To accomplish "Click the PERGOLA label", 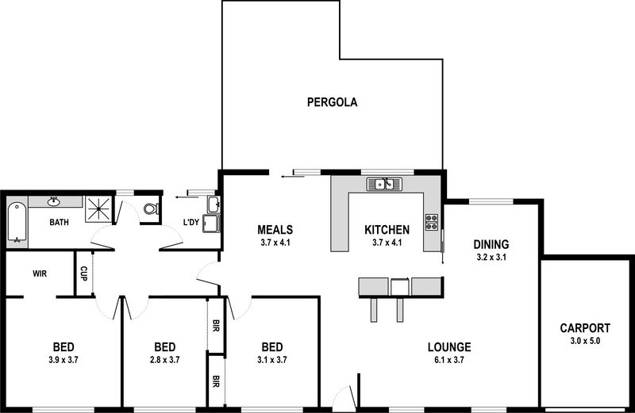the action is coord(332,102).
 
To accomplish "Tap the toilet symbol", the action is coord(151,208).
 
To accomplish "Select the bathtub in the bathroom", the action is coord(17,222).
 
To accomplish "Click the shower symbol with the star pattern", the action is coord(98,209).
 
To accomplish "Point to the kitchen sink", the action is coord(384,185).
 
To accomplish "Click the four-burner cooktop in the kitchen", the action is coord(432,222).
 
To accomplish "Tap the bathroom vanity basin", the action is coord(52,201).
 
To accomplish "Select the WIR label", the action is coord(40,273).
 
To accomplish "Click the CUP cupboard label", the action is coord(83,273).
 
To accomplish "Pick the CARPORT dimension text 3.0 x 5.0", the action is coord(585,341).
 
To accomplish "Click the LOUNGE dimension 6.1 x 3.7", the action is coord(449,360).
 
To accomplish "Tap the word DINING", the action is coord(491,244).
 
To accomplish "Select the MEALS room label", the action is coord(275,230).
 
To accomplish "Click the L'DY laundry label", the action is coord(191,222).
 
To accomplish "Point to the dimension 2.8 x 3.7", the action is coord(165,360).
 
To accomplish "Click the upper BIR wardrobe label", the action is coord(216,326).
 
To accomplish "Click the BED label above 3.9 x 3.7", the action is coord(63,347).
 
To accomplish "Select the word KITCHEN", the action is coord(387,230).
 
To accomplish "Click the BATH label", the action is coord(59,222).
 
